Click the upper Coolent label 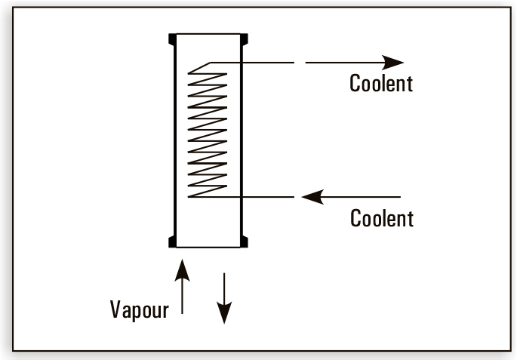(x=381, y=83)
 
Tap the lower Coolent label (x=382, y=219)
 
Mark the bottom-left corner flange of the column (x=173, y=241)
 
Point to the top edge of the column (x=208, y=35)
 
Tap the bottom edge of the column (x=208, y=245)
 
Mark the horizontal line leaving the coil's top (x=257, y=62)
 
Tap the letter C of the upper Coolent (x=355, y=83)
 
